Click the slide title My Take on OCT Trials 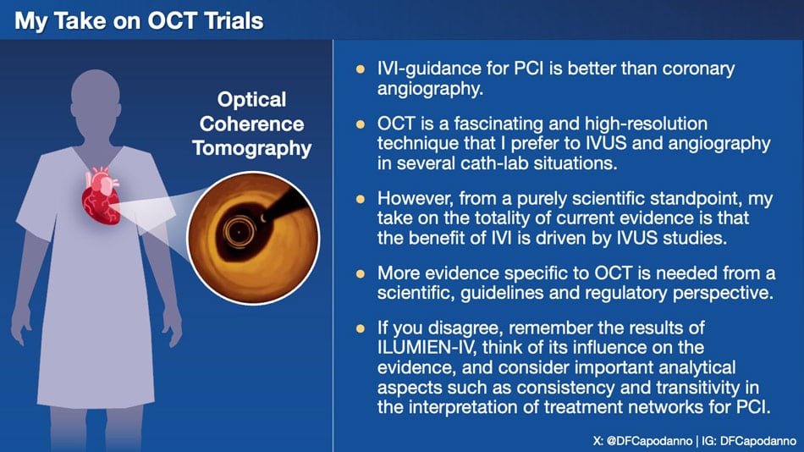pyautogui.click(x=139, y=21)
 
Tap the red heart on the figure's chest pyautogui.click(x=102, y=196)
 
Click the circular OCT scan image pyautogui.click(x=253, y=238)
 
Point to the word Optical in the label pyautogui.click(x=251, y=100)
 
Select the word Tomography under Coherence pyautogui.click(x=251, y=148)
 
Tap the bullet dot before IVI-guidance pyautogui.click(x=361, y=69)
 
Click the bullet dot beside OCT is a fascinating pyautogui.click(x=361, y=124)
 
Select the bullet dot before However pyautogui.click(x=361, y=199)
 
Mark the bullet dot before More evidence pyautogui.click(x=361, y=274)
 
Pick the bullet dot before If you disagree pyautogui.click(x=361, y=329)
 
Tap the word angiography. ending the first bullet pyautogui.click(x=430, y=89)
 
